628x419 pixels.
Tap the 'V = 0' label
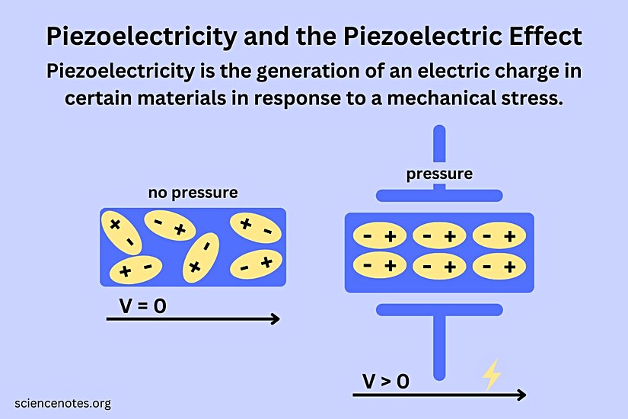click(x=143, y=306)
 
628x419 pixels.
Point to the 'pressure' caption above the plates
click(x=439, y=174)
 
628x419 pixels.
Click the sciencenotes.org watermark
click(x=62, y=403)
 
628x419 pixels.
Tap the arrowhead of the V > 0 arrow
click(x=520, y=395)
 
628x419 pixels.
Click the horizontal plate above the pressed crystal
click(x=439, y=195)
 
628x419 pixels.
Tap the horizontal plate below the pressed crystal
click(x=439, y=309)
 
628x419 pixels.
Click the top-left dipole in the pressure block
click(x=379, y=237)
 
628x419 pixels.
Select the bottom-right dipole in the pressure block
click(x=499, y=266)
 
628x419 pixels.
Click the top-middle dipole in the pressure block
click(x=439, y=237)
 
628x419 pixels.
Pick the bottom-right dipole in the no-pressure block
click(x=256, y=264)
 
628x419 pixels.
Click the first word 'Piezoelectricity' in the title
click(x=139, y=36)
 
